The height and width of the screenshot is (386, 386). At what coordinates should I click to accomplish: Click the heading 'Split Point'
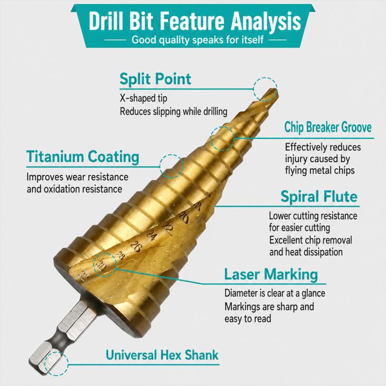pyautogui.click(x=155, y=79)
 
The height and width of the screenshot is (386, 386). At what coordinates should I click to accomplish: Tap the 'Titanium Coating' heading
pyautogui.click(x=83, y=157)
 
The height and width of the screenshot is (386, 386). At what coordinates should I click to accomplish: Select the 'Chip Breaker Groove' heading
pyautogui.click(x=328, y=128)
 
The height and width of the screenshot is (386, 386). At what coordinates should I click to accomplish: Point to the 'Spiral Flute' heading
pyautogui.click(x=319, y=197)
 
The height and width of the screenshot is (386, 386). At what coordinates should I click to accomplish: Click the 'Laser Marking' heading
pyautogui.click(x=271, y=274)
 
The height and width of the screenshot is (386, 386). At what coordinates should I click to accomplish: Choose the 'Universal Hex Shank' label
pyautogui.click(x=162, y=355)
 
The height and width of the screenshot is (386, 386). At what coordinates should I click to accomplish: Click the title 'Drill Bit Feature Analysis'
pyautogui.click(x=195, y=22)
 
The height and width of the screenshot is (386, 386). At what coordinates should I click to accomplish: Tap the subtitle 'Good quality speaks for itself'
pyautogui.click(x=198, y=40)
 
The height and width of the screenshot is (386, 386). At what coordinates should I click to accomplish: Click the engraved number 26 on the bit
pyautogui.click(x=135, y=247)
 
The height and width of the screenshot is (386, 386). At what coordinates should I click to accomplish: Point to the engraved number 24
pyautogui.click(x=152, y=236)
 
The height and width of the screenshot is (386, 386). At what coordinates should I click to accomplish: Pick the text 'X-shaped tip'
pyautogui.click(x=144, y=98)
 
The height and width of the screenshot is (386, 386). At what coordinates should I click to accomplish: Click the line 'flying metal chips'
pyautogui.click(x=320, y=170)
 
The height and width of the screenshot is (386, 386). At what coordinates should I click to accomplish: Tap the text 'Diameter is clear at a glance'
pyautogui.click(x=275, y=293)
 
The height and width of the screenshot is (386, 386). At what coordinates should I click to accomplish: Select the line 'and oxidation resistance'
pyautogui.click(x=74, y=189)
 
